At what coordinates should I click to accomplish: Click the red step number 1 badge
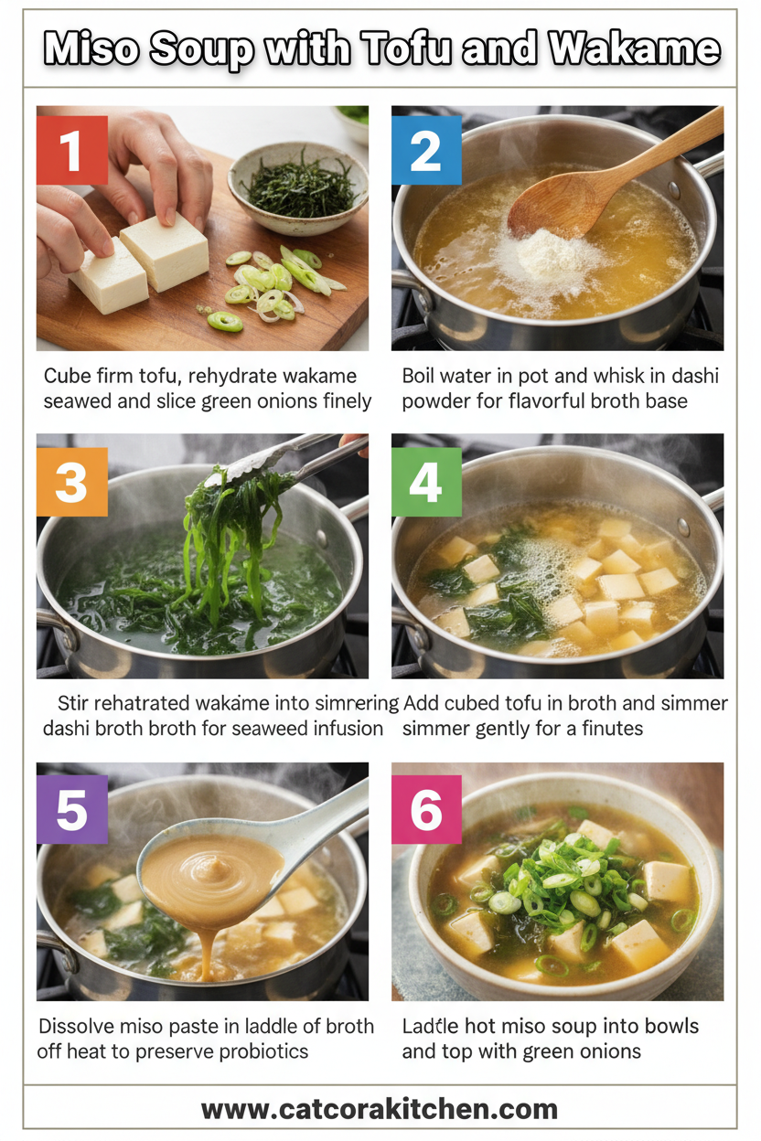[x=72, y=150]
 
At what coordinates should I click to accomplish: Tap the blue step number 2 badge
[x=426, y=150]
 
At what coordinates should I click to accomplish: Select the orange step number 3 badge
[x=72, y=481]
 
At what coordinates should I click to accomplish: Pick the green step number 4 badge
[x=426, y=481]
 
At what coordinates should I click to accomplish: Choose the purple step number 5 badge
[x=72, y=809]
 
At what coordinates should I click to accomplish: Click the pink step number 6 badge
[x=426, y=809]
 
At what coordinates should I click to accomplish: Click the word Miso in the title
[x=88, y=48]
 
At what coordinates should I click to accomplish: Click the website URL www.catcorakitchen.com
[x=380, y=1109]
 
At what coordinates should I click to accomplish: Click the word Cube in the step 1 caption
[x=70, y=376]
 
